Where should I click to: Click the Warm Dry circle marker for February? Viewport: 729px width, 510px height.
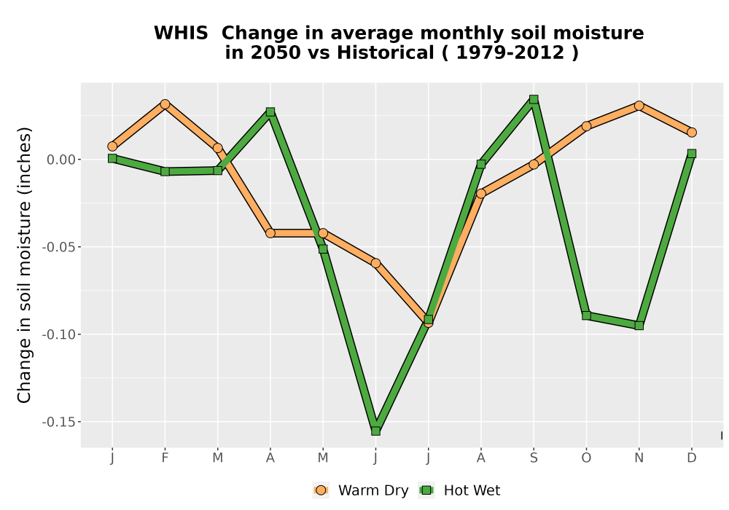coord(165,104)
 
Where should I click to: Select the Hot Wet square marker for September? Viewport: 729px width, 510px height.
coord(534,99)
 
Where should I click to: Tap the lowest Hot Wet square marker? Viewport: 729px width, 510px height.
coord(375,431)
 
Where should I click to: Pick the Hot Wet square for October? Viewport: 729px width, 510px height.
coord(586,316)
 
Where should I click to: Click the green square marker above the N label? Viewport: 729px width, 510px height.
coord(639,326)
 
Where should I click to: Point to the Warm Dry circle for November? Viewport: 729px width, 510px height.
coord(639,106)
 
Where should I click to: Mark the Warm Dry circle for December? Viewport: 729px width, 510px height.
coord(692,133)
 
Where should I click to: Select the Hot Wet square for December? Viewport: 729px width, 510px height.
coord(692,154)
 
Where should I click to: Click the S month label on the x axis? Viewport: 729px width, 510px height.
coord(534,458)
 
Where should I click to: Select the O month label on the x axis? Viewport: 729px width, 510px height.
coord(586,458)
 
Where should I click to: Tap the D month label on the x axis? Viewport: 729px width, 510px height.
coord(692,458)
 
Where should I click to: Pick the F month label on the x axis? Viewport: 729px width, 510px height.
coord(165,458)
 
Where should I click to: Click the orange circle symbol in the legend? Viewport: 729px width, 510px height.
coord(320,490)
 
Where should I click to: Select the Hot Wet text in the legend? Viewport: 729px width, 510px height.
coord(472,490)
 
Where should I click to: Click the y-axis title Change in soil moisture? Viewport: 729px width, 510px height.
coord(24,265)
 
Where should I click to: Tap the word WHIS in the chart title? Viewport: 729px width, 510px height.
coord(181,33)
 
